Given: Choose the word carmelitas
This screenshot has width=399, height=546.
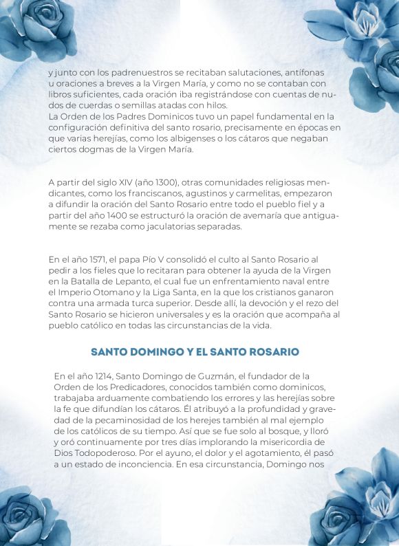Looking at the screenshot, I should coord(240,193).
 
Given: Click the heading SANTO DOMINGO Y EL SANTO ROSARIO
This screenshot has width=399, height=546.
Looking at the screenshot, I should coord(199,351).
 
